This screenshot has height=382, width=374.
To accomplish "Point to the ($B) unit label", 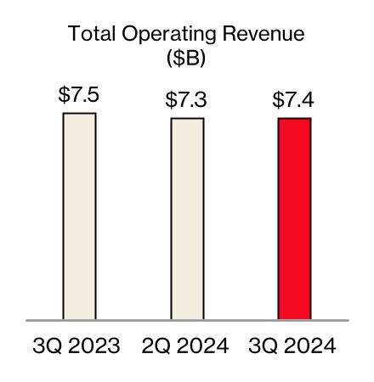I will tap(187, 60).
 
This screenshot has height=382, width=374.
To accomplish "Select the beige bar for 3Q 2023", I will tap(79, 216).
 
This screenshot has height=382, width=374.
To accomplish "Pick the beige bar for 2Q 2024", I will tap(187, 219).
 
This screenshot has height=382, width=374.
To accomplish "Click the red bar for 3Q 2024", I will tap(294, 219).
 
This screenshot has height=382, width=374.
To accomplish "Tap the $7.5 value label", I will tap(79, 95).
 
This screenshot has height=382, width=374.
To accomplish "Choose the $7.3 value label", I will tap(187, 100).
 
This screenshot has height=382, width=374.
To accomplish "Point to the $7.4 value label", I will tap(294, 100).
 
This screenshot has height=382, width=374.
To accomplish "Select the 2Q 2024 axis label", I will tap(187, 347).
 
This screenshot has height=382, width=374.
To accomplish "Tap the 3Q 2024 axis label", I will tap(294, 347).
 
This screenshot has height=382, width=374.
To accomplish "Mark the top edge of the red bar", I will tap(294, 119).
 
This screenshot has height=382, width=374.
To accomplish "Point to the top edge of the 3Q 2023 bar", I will tap(79, 113).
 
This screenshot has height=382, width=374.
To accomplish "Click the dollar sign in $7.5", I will tap(64, 95).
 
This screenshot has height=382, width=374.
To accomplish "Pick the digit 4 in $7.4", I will tap(308, 100).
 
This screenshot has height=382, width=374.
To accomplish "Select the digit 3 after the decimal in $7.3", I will tap(201, 100).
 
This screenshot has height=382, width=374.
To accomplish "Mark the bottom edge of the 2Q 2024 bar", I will tap(187, 319).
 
